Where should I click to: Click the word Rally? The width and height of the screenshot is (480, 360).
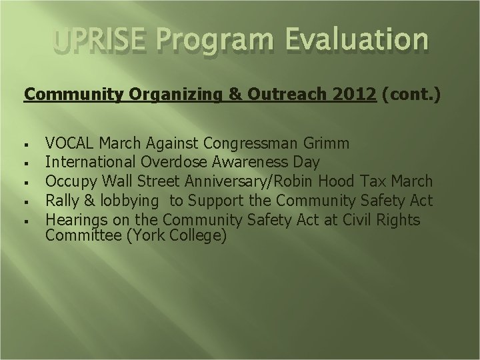(x=61, y=201)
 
